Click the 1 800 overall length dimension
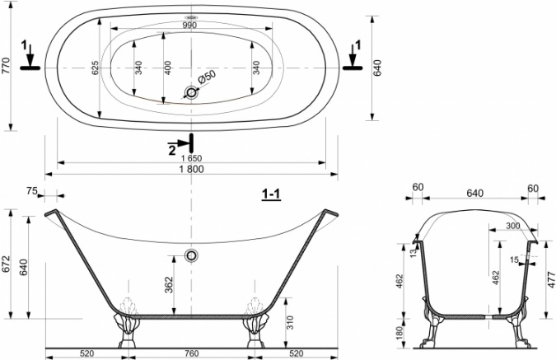(x=191, y=169)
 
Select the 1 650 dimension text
(x=191, y=158)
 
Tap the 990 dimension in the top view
(x=189, y=26)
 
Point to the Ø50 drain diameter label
(x=207, y=77)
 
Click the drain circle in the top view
(x=191, y=93)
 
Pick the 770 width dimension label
(x=7, y=66)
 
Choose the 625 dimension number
(x=95, y=67)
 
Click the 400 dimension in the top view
(x=168, y=68)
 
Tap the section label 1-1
(x=271, y=194)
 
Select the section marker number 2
(x=172, y=151)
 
